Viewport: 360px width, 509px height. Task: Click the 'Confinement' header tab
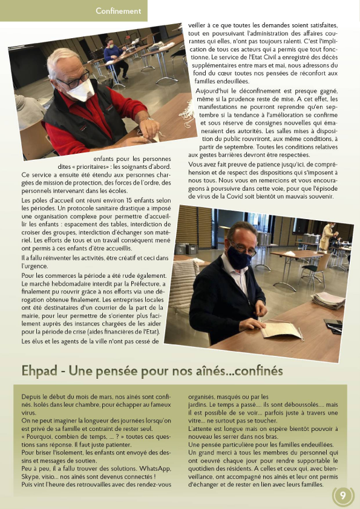(118, 11)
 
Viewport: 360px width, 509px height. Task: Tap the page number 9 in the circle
(343, 496)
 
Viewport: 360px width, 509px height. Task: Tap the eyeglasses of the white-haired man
(73, 79)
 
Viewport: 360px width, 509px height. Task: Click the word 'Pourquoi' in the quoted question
(41, 436)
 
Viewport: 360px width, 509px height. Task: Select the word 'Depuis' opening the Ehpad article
(31, 396)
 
